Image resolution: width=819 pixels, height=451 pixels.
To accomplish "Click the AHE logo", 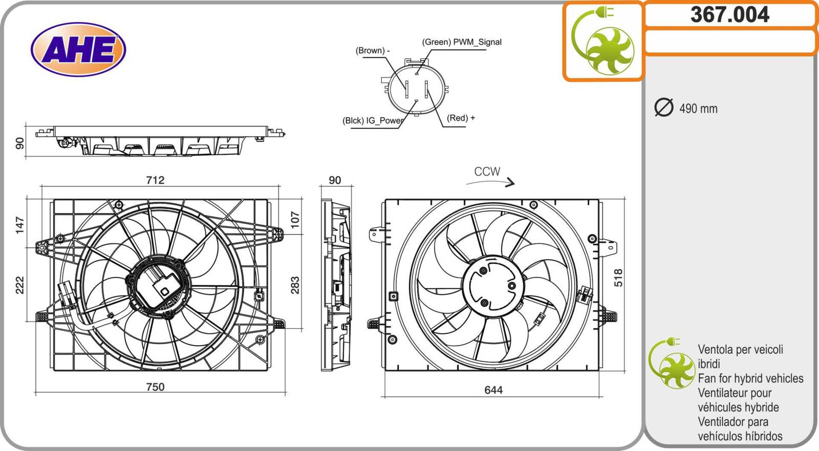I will (78, 50).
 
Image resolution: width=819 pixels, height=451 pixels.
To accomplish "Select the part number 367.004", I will (729, 15).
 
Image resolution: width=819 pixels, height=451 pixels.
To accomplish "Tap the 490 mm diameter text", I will (698, 109).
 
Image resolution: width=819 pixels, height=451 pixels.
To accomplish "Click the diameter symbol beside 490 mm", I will (664, 108).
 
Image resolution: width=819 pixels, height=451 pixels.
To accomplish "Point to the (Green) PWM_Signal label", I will (461, 42).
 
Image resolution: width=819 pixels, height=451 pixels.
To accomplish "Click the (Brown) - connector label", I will (372, 51).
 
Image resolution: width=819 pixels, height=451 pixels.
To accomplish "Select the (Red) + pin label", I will (461, 118).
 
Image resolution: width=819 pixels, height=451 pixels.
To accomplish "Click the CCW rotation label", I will (487, 171).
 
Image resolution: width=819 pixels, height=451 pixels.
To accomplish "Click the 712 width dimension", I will (155, 180).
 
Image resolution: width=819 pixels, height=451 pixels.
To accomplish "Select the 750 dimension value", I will (155, 387).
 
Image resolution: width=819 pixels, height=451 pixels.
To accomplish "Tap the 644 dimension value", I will (493, 390).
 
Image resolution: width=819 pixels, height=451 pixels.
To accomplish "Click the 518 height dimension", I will (618, 277).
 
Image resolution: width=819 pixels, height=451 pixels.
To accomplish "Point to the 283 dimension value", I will (295, 285).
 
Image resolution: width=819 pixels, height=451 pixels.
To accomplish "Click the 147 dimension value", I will (19, 225).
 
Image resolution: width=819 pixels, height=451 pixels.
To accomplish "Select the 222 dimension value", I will (19, 285).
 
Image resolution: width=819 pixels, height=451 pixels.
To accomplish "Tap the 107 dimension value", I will (295, 220).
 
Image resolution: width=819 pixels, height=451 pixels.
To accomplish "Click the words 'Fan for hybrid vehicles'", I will (750, 378).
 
